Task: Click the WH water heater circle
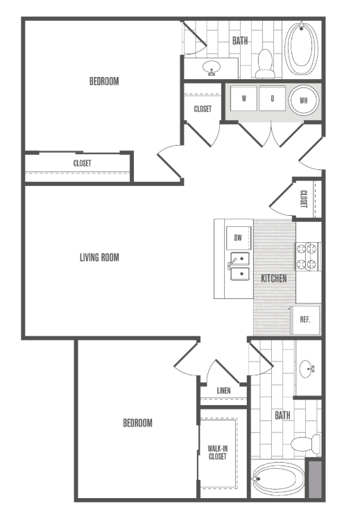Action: click(x=303, y=100)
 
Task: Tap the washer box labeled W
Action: click(x=244, y=99)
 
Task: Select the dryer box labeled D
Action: click(x=273, y=99)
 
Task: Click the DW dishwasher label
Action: click(x=238, y=238)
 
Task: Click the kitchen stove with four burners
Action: click(x=308, y=256)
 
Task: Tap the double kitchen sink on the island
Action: click(x=239, y=267)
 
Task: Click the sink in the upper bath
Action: click(x=210, y=68)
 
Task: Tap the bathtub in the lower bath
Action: click(x=275, y=478)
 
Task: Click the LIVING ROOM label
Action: click(x=99, y=257)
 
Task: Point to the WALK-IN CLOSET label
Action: click(x=217, y=452)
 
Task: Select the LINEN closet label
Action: click(x=223, y=391)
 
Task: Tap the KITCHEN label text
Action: click(x=274, y=278)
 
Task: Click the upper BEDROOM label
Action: click(x=104, y=81)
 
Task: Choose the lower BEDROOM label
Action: click(x=137, y=423)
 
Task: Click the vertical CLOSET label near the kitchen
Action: click(x=304, y=199)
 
